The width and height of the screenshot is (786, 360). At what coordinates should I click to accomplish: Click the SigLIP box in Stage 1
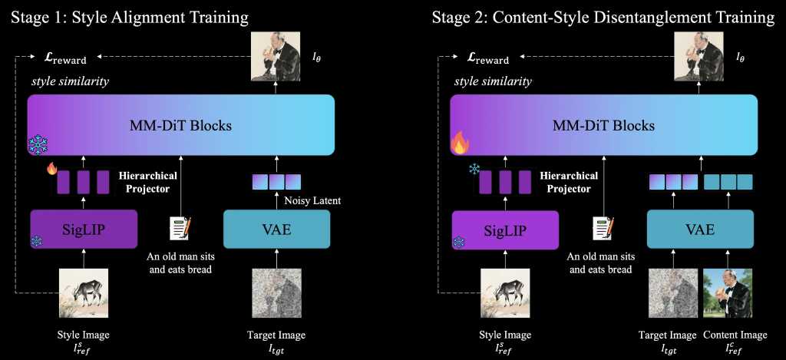84,230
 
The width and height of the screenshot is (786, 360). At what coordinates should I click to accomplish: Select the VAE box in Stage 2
700,230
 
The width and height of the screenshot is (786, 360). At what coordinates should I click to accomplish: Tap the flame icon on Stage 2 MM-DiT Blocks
459,142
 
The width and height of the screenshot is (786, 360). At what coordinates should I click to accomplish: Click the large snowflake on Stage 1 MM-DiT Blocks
38,144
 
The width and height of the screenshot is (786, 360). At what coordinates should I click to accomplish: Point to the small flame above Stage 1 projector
52,168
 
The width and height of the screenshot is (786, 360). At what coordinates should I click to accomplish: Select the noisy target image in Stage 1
276,293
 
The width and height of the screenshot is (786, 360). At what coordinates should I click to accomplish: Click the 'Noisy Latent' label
312,200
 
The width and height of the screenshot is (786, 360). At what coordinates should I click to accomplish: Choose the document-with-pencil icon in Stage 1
180,228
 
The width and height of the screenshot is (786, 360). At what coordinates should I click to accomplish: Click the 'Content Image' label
735,335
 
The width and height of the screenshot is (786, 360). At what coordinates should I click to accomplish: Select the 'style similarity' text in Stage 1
70,81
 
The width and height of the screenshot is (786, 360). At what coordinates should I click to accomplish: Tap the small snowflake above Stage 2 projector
474,169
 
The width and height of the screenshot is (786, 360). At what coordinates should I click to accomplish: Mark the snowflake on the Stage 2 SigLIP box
458,242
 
